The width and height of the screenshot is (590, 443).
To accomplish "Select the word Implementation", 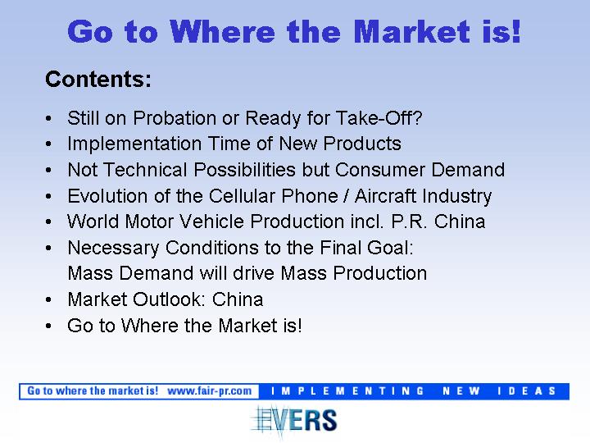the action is [134, 144].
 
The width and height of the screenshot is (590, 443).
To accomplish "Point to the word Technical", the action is [145, 170].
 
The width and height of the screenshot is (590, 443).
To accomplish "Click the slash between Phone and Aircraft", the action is [346, 196].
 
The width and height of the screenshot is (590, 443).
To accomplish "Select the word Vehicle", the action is [212, 221].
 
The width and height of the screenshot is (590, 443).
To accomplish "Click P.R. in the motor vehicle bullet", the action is [409, 221].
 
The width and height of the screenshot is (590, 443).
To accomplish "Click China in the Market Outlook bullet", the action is [238, 299].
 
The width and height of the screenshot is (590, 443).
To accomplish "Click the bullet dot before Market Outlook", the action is [48, 300].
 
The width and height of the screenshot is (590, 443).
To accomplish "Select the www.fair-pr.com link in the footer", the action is [210, 391].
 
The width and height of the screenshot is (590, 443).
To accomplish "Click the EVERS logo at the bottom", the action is [294, 421].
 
